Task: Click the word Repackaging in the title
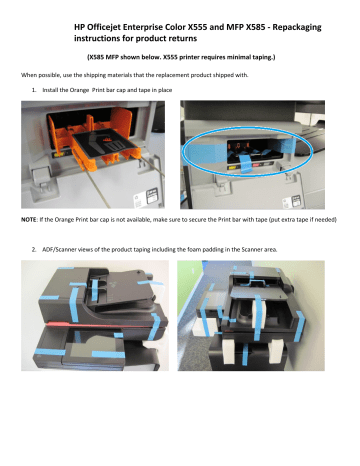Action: [297, 27]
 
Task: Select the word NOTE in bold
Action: [29, 220]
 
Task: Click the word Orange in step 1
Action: [80, 90]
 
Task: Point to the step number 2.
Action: [34, 249]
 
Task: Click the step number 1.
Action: [34, 90]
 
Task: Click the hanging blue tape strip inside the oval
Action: [243, 163]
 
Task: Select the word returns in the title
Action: [183, 39]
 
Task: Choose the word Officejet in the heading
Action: [103, 27]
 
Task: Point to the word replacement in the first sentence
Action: [171, 75]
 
